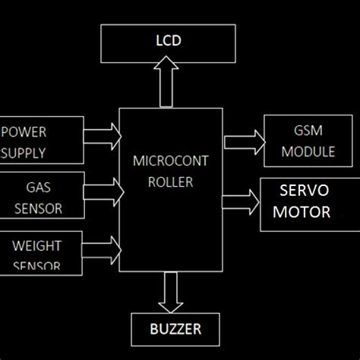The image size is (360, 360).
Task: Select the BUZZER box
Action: [x=175, y=329]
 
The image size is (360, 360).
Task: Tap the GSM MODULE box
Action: [x=308, y=141]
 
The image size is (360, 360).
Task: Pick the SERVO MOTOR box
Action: [x=308, y=204]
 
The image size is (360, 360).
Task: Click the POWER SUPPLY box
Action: [x=42, y=141]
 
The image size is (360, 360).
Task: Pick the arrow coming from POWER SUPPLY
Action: [x=102, y=136]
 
